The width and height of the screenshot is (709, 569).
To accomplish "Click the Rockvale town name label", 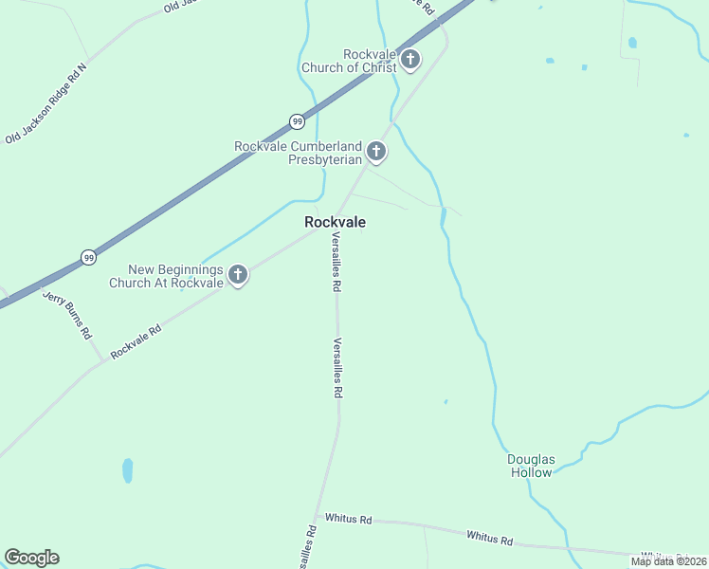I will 335,222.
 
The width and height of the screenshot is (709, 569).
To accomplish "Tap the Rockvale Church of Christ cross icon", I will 409,61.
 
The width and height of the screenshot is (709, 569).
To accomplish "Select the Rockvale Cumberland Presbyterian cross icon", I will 376,152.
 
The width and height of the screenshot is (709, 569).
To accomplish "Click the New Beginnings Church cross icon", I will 237,275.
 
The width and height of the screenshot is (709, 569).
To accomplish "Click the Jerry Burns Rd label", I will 67,314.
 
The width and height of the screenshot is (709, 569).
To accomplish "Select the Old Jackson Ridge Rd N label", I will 45,103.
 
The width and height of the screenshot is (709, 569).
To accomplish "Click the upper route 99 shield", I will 297,121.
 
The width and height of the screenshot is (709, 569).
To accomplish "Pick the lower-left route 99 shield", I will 88,257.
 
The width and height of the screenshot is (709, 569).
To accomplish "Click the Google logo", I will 31,558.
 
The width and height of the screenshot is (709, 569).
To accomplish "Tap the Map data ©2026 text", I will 668,561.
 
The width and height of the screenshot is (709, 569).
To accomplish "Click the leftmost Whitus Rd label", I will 349,519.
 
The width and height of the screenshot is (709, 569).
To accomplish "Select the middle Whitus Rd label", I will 489,538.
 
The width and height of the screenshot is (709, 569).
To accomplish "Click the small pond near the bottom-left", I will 127,470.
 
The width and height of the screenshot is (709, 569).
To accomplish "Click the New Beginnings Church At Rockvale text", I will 166,276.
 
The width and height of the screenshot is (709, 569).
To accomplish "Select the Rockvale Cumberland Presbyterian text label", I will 299,153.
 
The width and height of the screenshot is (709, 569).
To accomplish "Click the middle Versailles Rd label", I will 336,368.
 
